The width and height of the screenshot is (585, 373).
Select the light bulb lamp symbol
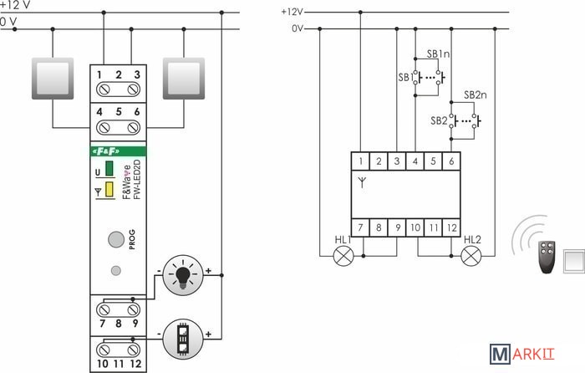183,274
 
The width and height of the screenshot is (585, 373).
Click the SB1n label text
439,54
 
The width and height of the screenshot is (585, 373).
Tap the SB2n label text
475,95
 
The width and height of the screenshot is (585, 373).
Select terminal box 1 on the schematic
360,161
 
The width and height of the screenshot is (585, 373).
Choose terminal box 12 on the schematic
452,225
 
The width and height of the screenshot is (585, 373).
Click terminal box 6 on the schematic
452,161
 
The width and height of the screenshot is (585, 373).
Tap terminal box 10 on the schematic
415,225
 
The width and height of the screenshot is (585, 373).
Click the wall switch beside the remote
575,261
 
